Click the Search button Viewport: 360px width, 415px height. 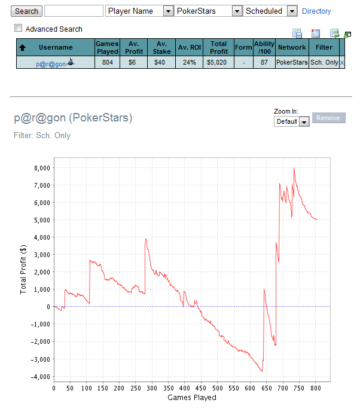(26, 11)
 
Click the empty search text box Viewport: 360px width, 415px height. (74, 11)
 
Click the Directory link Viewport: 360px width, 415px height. (316, 11)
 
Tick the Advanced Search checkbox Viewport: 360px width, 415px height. (19, 28)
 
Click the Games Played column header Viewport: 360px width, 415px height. (107, 47)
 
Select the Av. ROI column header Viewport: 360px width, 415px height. (189, 47)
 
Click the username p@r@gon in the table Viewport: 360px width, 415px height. (50, 62)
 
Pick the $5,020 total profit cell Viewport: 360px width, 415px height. (219, 62)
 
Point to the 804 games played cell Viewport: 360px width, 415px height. (107, 62)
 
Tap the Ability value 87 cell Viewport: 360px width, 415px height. (264, 62)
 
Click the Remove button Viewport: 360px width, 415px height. (328, 118)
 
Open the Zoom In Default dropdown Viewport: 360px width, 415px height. (291, 121)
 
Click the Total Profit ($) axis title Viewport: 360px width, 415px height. (23, 268)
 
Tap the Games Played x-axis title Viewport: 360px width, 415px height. (191, 398)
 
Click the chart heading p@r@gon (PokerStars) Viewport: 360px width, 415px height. (73, 118)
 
